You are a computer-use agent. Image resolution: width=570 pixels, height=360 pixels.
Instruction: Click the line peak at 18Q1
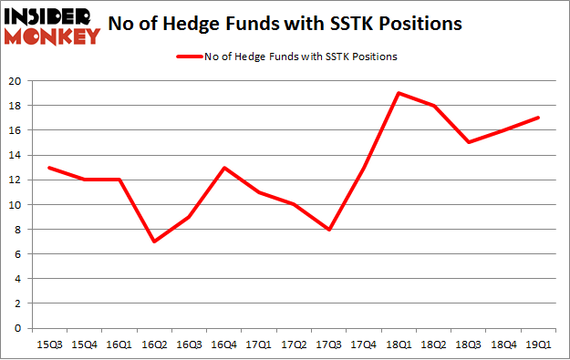399,93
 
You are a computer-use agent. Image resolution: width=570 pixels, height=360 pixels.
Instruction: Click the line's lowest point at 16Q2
154,242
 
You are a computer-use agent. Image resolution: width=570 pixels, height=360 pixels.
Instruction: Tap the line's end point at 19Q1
538,118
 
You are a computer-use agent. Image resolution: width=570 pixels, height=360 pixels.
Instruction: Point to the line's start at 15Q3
49,167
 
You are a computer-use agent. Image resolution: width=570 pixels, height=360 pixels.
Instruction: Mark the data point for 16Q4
224,167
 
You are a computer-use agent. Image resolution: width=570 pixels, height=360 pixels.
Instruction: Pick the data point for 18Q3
469,142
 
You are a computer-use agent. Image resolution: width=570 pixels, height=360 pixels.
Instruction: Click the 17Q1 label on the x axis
259,345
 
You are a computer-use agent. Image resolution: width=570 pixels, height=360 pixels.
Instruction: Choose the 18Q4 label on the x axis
503,345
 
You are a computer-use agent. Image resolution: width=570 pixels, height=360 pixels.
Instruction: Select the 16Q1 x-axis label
119,345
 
